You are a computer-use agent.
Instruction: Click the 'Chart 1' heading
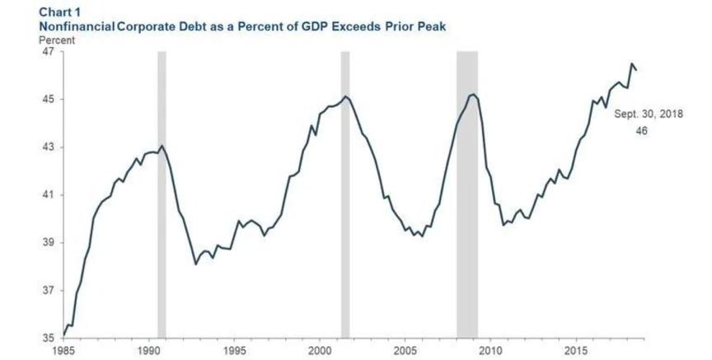point(60,12)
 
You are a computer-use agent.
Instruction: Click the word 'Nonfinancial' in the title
point(77,26)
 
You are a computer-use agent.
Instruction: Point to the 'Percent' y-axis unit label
point(57,40)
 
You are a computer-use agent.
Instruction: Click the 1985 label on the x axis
point(63,351)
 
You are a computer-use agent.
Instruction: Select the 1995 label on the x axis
point(234,351)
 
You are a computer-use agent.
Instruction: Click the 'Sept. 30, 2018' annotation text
point(649,114)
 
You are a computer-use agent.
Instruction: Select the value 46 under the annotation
point(642,131)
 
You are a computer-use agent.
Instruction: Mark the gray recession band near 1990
point(162,194)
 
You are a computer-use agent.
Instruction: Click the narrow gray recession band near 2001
point(345,194)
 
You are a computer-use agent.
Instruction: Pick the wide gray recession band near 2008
point(467,194)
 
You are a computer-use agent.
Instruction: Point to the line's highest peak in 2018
point(631,63)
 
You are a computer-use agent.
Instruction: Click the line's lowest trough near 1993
point(195,264)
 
